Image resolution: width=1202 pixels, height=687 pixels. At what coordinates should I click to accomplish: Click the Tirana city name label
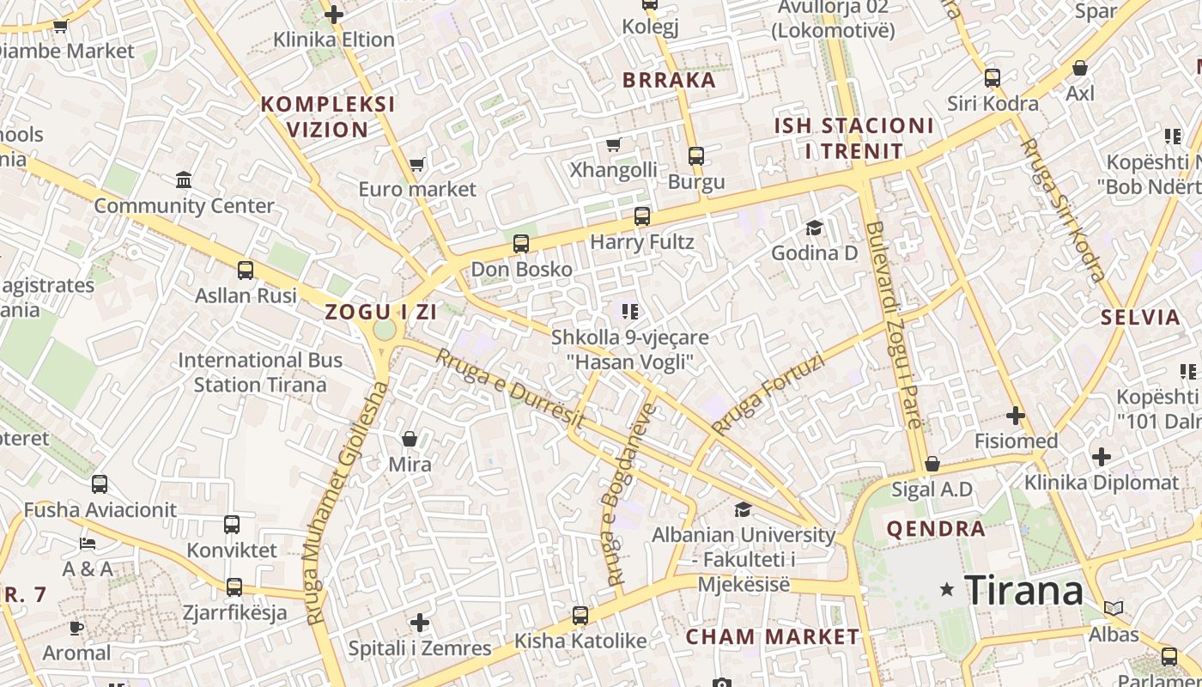(x=1023, y=590)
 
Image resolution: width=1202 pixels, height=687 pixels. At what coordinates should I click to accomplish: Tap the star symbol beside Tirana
(x=947, y=589)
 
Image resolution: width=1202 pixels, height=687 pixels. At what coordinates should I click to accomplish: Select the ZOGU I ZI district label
(x=381, y=312)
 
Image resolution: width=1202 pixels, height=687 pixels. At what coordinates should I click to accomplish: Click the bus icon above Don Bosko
(x=521, y=243)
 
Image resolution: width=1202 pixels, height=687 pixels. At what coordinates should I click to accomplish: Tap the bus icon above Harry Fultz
(x=642, y=216)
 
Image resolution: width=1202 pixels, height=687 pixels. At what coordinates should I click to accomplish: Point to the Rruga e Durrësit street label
(x=510, y=389)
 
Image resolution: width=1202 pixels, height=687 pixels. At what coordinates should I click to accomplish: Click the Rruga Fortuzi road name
(x=768, y=394)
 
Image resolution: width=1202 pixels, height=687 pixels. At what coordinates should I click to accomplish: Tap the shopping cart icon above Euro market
(x=417, y=163)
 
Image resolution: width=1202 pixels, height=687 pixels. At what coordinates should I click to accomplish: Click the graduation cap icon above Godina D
(x=814, y=228)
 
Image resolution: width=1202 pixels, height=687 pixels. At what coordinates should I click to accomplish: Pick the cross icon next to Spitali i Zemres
(x=419, y=622)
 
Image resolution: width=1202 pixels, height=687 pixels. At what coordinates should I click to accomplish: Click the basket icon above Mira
(x=410, y=439)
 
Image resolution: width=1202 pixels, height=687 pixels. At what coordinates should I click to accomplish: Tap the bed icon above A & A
(x=88, y=543)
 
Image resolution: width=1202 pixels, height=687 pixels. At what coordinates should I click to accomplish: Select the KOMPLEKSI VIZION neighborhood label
(x=328, y=117)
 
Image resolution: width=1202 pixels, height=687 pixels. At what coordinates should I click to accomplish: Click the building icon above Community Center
(x=184, y=179)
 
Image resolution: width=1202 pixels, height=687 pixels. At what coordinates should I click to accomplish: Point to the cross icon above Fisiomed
(x=1016, y=416)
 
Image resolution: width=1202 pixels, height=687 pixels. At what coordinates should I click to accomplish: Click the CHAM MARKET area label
(x=772, y=636)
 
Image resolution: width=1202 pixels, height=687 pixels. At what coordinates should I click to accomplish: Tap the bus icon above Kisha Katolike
(x=580, y=615)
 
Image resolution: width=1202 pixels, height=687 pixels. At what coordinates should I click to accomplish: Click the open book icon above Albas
(x=1114, y=608)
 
